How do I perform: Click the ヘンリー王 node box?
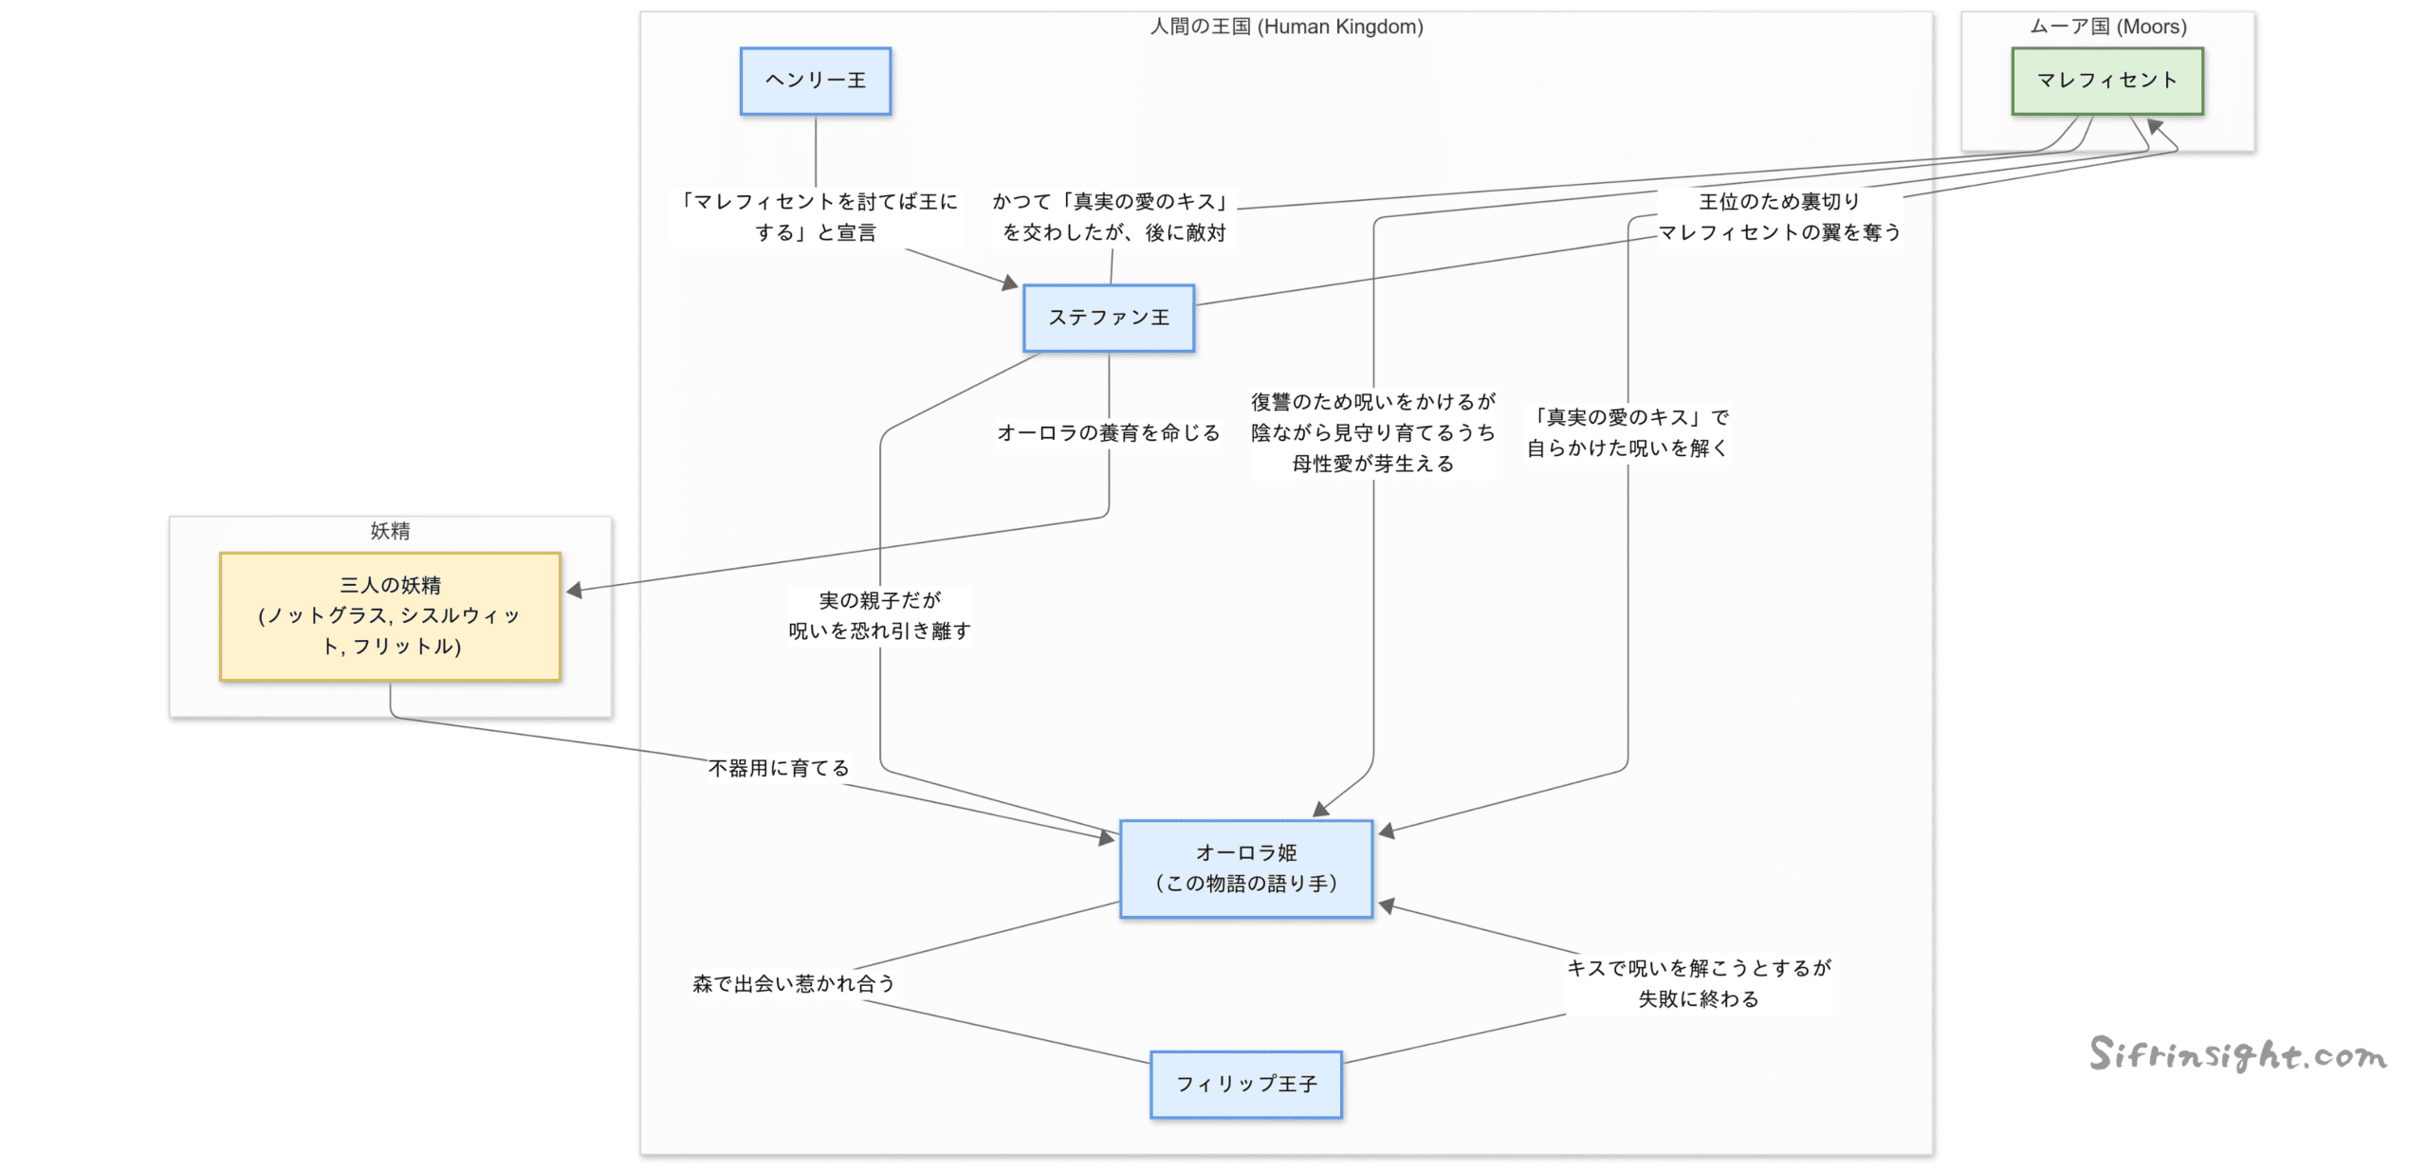point(815,81)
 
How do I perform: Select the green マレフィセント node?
point(2106,81)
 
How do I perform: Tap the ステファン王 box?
point(1108,318)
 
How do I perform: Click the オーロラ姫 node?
point(1245,868)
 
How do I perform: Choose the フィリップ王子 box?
point(1245,1084)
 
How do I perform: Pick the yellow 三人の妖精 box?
point(390,616)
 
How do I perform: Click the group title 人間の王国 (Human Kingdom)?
point(1286,27)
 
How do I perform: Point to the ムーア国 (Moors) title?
point(2107,27)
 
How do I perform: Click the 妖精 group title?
point(390,531)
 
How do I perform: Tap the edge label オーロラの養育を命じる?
point(1108,433)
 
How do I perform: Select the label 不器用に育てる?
point(779,768)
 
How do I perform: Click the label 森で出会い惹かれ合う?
point(794,983)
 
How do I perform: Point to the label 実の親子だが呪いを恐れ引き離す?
point(879,615)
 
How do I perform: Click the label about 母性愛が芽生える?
point(1372,433)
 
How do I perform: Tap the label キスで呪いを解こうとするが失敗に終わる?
point(1698,983)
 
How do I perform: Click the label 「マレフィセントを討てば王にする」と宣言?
point(815,216)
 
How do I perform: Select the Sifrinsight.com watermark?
point(2237,1054)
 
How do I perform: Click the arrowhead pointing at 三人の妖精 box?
point(574,590)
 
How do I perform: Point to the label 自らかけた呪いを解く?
point(1628,433)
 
